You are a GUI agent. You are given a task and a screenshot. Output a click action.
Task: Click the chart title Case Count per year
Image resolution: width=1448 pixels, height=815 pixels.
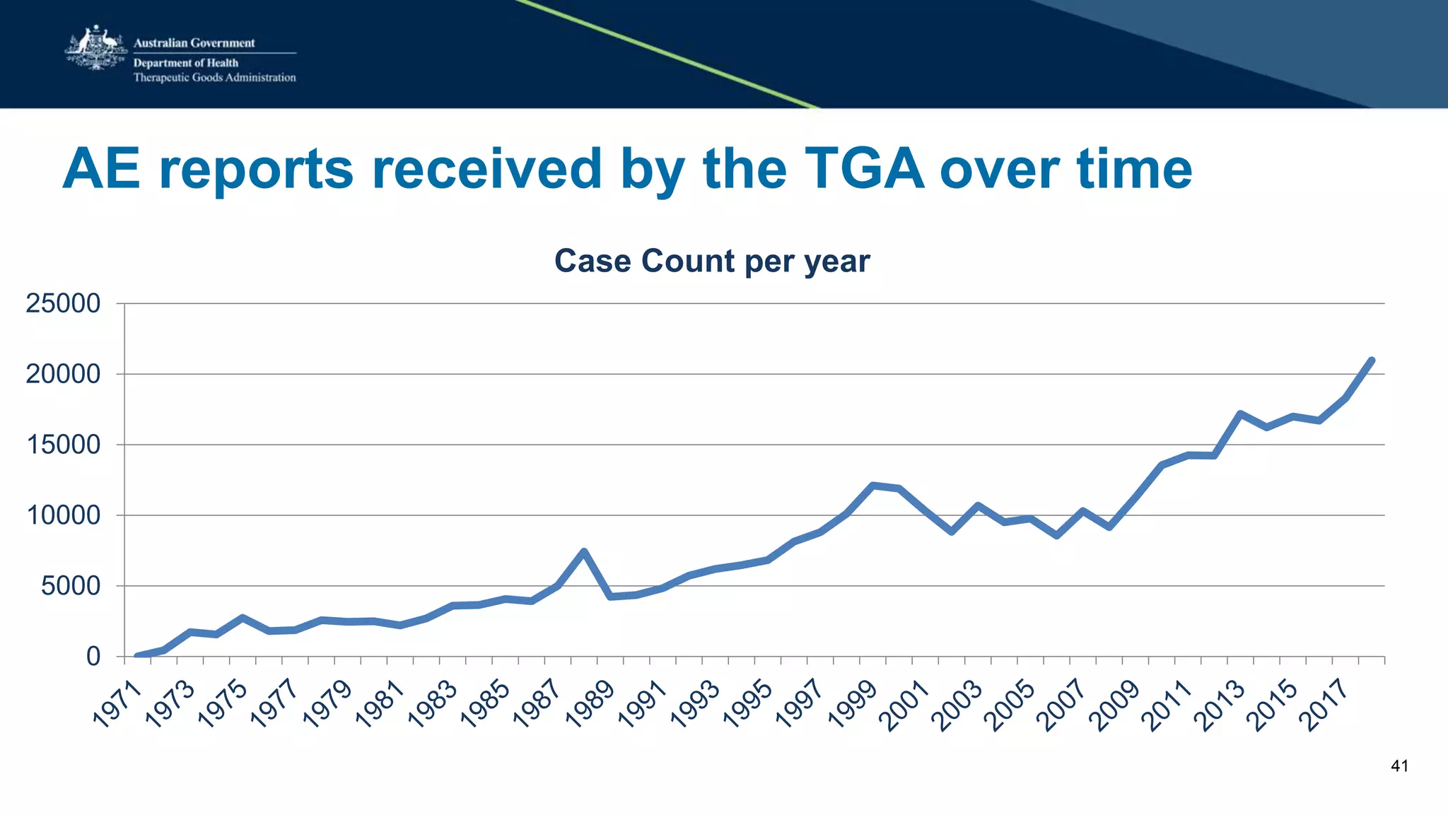coord(711,261)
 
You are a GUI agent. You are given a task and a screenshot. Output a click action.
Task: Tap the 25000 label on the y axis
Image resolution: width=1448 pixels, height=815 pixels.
coord(63,304)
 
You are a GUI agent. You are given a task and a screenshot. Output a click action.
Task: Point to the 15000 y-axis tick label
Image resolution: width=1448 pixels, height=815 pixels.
coord(63,445)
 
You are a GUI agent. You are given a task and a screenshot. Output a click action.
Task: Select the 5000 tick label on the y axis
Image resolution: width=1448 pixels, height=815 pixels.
coord(71,586)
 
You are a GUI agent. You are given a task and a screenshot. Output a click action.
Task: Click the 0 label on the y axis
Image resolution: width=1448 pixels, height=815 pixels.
coord(93,657)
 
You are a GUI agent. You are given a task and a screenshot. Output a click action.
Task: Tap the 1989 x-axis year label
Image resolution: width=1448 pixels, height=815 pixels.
coord(590,704)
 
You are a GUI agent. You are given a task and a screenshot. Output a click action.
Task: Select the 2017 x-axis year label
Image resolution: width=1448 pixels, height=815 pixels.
coord(1326,704)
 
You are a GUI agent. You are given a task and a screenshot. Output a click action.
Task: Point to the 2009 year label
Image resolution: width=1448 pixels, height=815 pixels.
coord(1116,704)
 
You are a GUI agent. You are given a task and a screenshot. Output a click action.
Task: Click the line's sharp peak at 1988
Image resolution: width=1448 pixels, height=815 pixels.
coord(584,551)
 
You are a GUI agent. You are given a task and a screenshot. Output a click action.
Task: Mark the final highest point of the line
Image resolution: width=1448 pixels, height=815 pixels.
coord(1372,360)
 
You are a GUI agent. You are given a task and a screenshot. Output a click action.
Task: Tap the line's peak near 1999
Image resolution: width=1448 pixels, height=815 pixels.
coord(872,486)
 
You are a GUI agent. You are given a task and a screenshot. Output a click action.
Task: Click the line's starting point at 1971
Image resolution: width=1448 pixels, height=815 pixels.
coord(137,656)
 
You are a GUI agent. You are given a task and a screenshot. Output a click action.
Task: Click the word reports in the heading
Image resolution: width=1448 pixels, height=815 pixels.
coord(256,170)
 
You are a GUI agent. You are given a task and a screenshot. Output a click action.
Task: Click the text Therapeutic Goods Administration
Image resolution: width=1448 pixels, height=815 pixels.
coord(214,78)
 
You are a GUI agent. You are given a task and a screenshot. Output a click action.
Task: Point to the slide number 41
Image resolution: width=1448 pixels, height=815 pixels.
coord(1399,766)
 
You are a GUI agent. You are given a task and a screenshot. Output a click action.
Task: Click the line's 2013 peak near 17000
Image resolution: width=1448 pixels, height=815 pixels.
coord(1240,414)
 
